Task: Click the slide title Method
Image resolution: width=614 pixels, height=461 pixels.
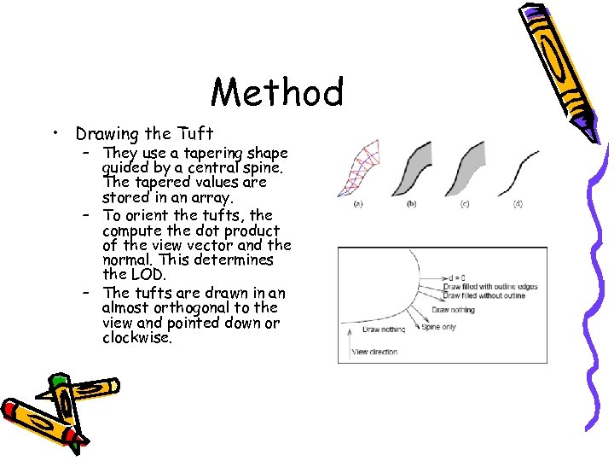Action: (x=277, y=92)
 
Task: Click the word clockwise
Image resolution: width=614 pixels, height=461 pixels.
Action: (x=136, y=337)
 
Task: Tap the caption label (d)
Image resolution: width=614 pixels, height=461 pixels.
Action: (x=518, y=204)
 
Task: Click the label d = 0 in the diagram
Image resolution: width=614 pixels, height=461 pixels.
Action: (x=459, y=278)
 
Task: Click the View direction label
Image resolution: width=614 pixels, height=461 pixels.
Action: (x=374, y=352)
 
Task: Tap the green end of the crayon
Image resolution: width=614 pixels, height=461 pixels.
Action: (x=59, y=382)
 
